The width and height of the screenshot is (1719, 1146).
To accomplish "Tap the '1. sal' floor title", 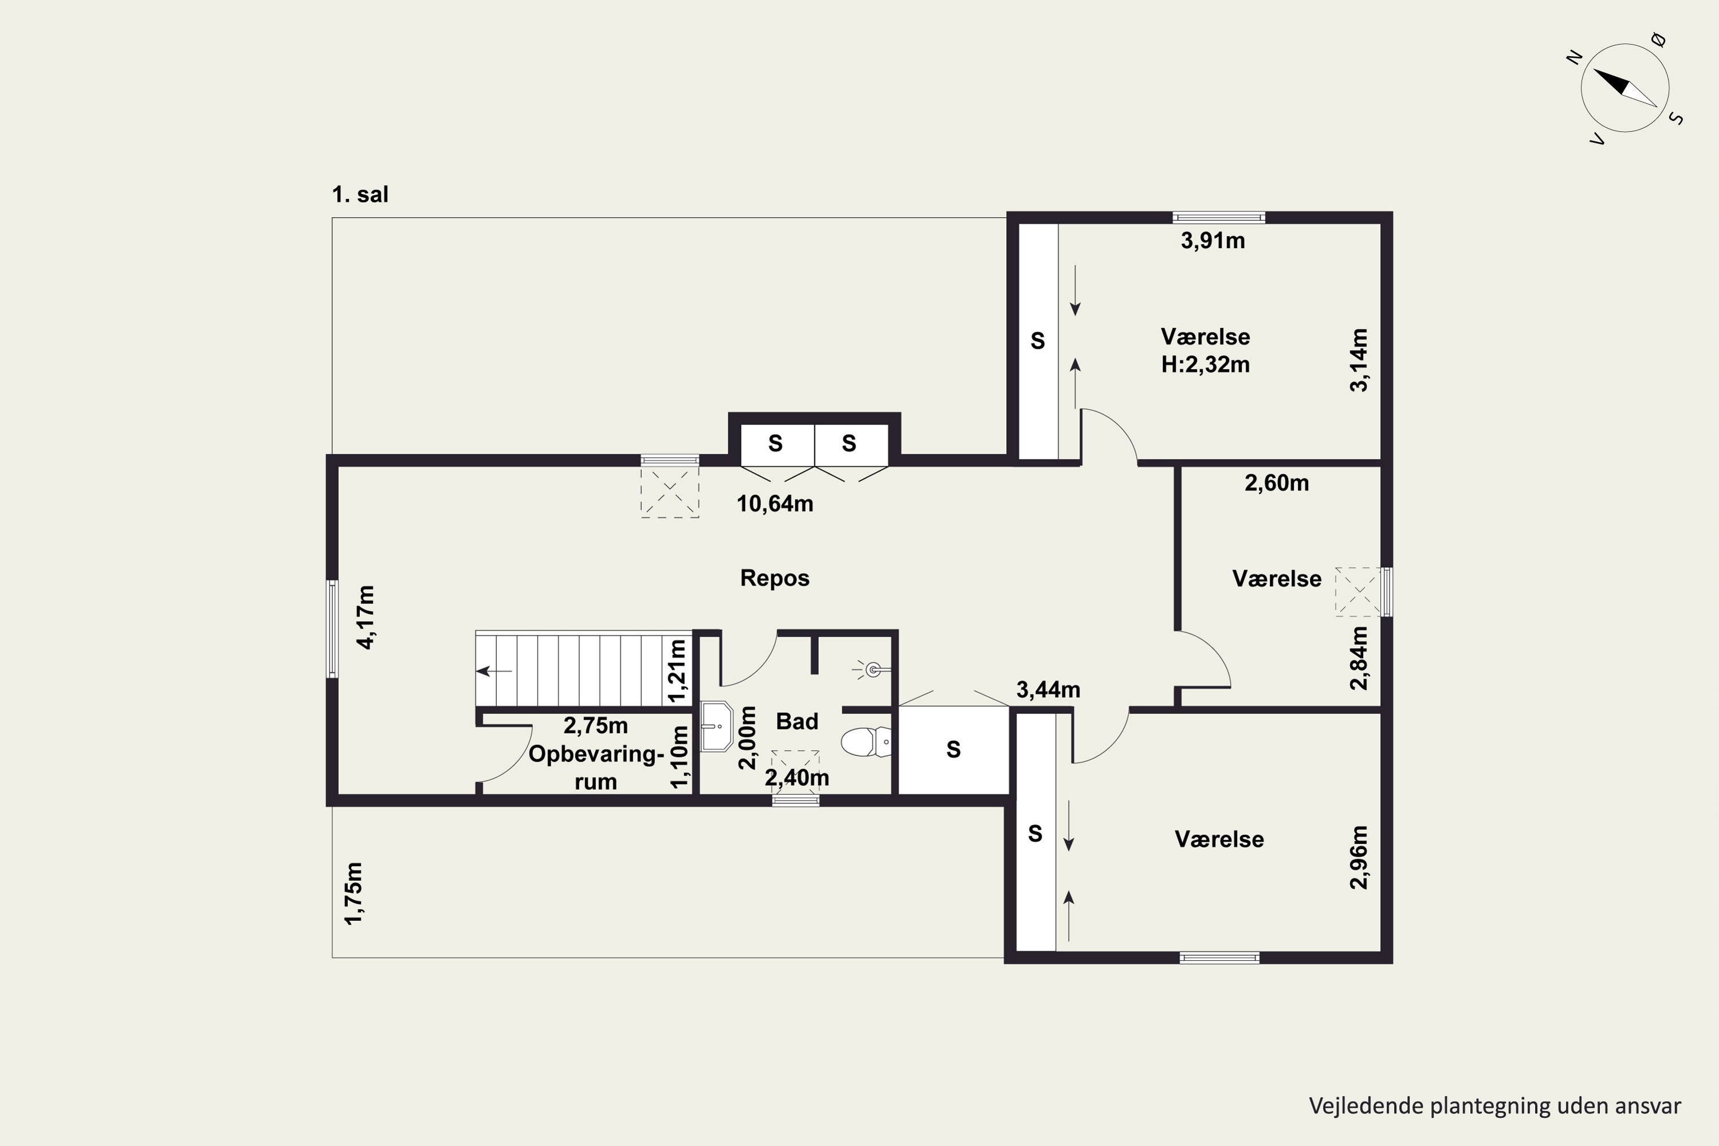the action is click(360, 194).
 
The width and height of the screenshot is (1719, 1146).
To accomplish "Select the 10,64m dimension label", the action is click(775, 504).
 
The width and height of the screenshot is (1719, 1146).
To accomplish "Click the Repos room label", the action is click(775, 578).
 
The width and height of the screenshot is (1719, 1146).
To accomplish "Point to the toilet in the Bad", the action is click(866, 742).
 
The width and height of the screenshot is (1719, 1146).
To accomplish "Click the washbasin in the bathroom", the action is click(716, 727).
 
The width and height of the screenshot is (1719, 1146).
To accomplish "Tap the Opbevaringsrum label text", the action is click(596, 767).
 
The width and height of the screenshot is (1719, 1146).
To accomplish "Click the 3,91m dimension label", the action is click(1212, 241).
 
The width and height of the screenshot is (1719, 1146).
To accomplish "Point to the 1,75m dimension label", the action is click(354, 893).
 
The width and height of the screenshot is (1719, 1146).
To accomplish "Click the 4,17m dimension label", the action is click(366, 617).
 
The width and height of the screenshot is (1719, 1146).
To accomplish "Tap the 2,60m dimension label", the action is click(1277, 483).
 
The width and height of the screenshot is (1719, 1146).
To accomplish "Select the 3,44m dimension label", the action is click(1048, 689).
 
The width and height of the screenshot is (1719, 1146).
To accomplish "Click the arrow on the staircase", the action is click(494, 671).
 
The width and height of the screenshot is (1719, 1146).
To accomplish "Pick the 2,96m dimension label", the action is click(1359, 857).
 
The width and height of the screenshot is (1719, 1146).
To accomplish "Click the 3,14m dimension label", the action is click(1359, 360).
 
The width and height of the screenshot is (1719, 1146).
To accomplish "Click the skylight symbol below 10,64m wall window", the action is click(670, 492).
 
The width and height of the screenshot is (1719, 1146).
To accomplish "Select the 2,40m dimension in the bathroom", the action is click(796, 778).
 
